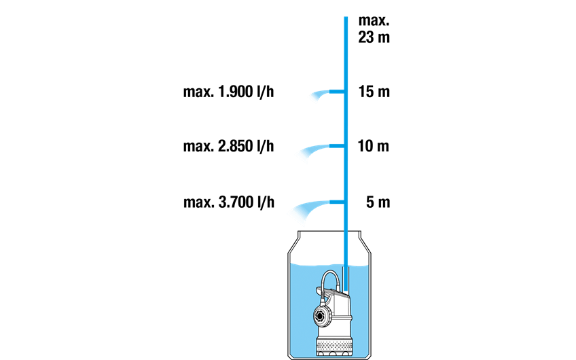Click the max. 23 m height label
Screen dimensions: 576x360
coord(374,29)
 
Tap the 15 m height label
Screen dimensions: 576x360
coord(374,92)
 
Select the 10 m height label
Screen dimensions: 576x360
coord(373,146)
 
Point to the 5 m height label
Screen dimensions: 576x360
coord(378,202)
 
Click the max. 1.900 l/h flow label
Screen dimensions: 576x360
coord(228,92)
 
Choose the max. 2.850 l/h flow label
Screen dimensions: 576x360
coord(228,146)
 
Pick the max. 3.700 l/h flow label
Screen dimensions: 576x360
coord(229,202)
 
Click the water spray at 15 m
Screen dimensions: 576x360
coord(320,95)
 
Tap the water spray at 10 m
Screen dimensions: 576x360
coord(313,151)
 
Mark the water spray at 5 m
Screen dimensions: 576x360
coord(310,209)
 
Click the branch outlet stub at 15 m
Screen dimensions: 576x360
coord(336,92)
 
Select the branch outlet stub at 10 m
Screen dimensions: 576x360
coord(336,146)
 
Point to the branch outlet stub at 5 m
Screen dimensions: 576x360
coord(336,202)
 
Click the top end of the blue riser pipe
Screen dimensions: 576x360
coord(346,17)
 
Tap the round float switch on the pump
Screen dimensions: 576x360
coord(323,315)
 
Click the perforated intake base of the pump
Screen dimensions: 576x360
coord(332,347)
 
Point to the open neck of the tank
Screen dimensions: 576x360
coord(329,232)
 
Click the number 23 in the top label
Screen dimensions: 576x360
coord(366,37)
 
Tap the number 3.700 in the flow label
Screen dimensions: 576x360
coord(236,202)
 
